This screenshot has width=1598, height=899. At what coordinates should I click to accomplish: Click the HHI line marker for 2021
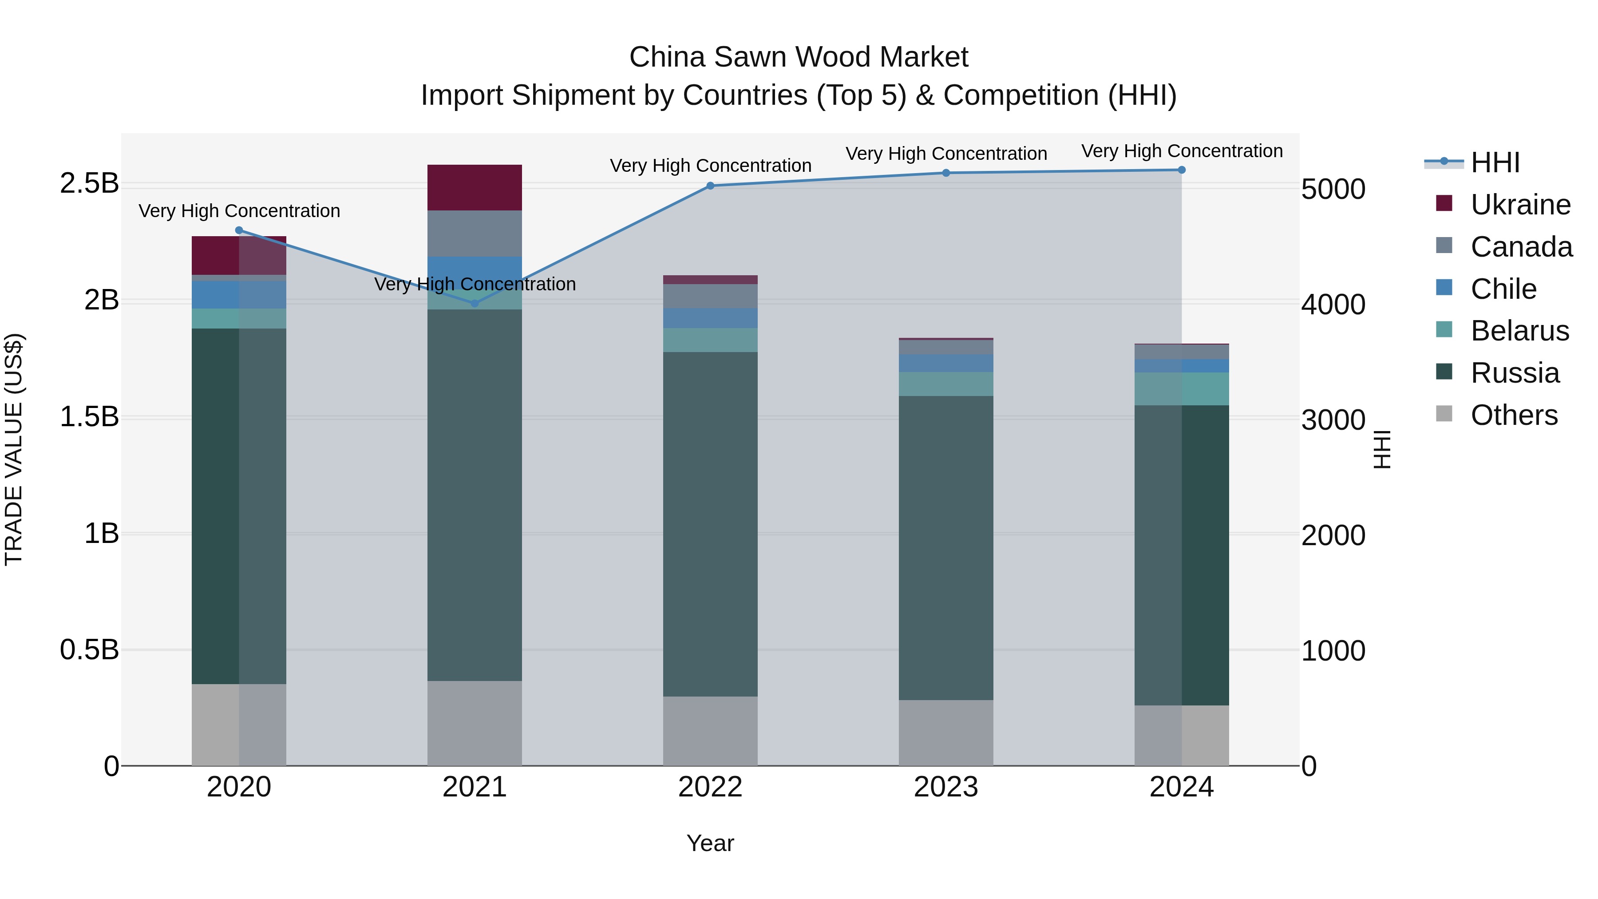[475, 303]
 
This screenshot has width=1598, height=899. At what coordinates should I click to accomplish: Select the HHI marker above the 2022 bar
[710, 186]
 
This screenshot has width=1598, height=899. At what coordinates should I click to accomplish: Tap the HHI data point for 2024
[1181, 170]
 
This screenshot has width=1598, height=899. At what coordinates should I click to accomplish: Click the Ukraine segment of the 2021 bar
[475, 187]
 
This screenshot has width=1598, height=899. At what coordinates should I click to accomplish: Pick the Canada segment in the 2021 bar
[475, 233]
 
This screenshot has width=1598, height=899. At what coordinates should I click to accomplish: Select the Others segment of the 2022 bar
[710, 731]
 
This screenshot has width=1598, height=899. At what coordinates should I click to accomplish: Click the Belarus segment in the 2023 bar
[945, 384]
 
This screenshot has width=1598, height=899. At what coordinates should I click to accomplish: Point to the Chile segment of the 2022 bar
[710, 318]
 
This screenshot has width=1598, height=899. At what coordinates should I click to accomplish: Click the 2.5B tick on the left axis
[89, 184]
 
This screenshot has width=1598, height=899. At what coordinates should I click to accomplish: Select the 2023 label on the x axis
[945, 787]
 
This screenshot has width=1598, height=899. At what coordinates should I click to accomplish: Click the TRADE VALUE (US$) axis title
[14, 449]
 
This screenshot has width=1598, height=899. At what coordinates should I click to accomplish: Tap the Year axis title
[710, 843]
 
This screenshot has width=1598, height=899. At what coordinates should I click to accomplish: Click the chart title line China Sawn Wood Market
[799, 57]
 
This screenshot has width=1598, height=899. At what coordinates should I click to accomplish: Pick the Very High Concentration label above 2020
[239, 211]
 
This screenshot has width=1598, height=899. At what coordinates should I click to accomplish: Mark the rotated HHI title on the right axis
[1382, 449]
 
